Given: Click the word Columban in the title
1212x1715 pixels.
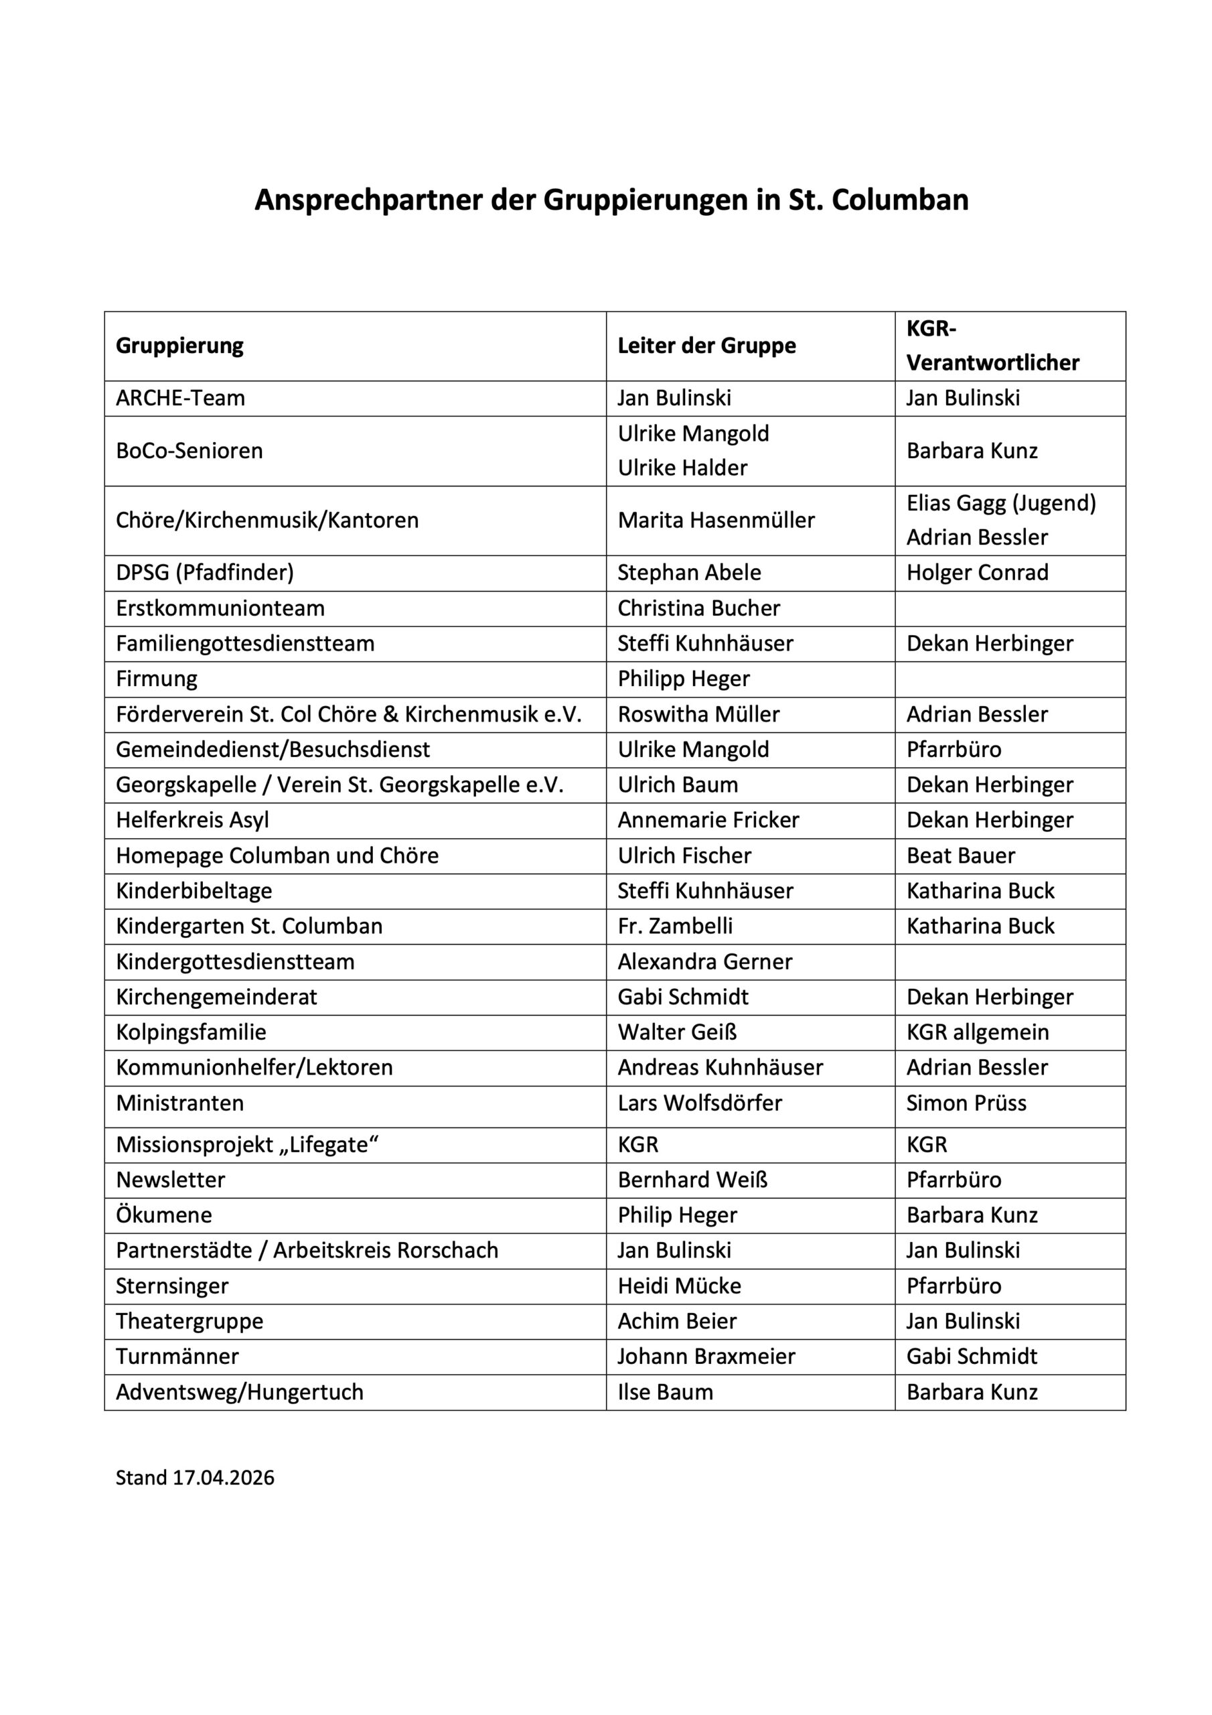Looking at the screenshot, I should (x=900, y=200).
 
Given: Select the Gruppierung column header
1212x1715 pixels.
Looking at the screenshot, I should (x=179, y=346).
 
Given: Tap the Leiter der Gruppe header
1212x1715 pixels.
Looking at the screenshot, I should (x=706, y=346).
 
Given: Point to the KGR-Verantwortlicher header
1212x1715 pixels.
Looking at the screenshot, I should (x=992, y=346).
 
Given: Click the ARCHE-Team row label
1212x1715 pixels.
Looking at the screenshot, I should (x=180, y=398).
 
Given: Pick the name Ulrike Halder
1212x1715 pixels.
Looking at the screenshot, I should (x=682, y=468).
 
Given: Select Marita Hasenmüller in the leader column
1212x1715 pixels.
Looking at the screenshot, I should (x=715, y=521).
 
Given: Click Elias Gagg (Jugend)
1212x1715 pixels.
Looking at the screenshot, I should (x=1000, y=503).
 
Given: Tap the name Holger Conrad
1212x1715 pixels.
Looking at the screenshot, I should (x=977, y=573).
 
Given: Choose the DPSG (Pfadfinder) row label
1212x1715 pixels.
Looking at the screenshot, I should (x=205, y=573).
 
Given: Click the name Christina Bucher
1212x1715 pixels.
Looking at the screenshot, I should (x=698, y=609).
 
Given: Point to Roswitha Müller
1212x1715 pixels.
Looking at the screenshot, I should (x=698, y=715).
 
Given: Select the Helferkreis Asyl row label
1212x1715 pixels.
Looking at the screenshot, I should (x=192, y=821).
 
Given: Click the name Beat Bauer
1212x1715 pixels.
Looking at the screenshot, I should (x=960, y=856).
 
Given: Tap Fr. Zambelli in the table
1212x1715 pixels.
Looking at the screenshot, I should (x=674, y=927).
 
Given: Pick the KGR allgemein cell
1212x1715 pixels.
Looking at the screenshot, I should (x=977, y=1033).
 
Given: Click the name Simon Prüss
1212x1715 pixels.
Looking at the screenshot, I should (x=966, y=1103).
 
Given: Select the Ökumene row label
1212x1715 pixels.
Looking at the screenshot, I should (x=163, y=1215).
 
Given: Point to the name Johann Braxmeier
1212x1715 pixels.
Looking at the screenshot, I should (x=706, y=1357).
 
